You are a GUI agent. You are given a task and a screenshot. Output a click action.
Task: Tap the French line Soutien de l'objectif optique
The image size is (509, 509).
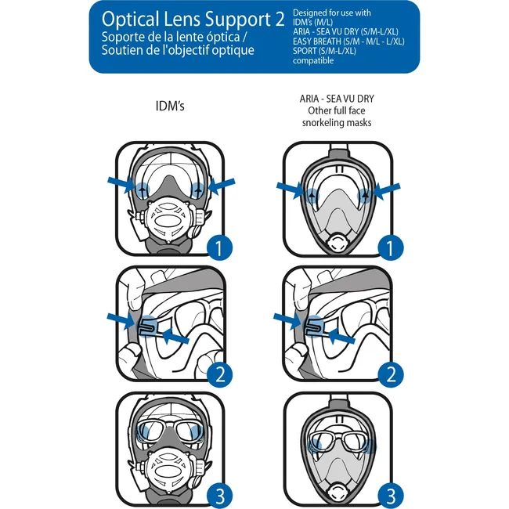tap(177, 51)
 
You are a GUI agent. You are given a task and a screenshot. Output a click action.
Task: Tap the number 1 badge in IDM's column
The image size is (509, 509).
tap(220, 249)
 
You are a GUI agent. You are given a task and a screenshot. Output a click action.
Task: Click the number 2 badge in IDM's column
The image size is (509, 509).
tap(220, 374)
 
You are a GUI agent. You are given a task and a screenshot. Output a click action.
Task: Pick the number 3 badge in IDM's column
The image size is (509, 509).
tap(220, 495)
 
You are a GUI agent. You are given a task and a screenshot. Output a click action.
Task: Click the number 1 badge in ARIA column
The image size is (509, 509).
tap(385, 249)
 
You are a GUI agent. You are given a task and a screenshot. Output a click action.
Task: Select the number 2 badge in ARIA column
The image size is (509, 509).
tap(385, 374)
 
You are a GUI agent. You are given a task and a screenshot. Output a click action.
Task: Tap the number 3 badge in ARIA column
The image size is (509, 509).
tap(385, 495)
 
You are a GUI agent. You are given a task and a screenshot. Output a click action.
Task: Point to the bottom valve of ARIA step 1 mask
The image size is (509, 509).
tap(337, 244)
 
